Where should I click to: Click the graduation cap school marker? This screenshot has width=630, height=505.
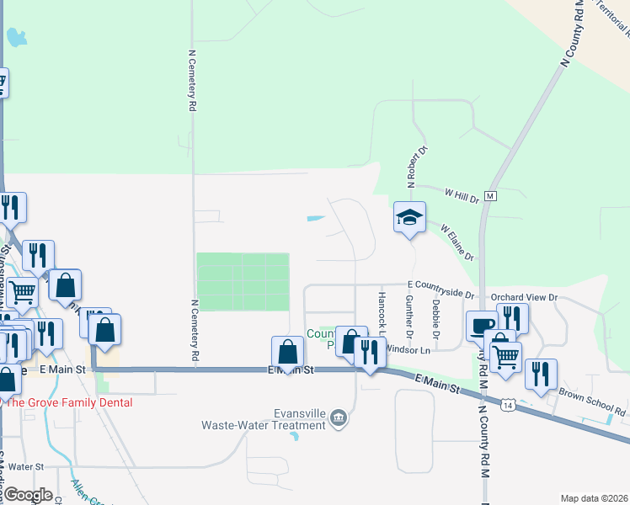coord(410,218)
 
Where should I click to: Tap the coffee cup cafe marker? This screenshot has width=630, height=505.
coord(483,326)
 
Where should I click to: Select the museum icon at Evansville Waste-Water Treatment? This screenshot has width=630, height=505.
coord(338,417)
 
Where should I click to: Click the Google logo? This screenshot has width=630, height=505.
coord(28,495)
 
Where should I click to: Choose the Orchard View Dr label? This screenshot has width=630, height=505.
coord(524,297)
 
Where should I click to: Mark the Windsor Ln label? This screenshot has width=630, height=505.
coord(408,349)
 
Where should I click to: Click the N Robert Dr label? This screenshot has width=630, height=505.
coord(413,166)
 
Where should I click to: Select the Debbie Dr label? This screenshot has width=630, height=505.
coord(435,313)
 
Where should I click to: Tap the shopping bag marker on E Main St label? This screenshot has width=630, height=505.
coord(288,353)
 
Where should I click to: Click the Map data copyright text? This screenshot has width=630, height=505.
coord(594,498)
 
